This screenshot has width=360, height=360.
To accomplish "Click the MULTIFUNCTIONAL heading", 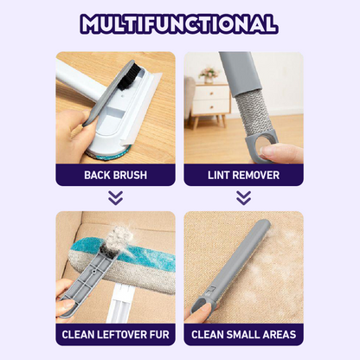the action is (x=179, y=23).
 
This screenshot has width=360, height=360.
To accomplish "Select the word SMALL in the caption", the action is (x=242, y=335).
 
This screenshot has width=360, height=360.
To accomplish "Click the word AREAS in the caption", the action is (x=279, y=335).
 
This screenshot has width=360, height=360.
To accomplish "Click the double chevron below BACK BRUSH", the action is (x=115, y=198).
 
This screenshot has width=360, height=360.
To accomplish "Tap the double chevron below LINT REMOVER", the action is (x=243, y=198).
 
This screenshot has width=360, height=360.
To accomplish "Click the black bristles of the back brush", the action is (x=132, y=77).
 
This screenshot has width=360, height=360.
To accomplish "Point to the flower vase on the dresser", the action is (x=209, y=75).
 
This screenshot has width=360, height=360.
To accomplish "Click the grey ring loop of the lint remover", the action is (x=261, y=144).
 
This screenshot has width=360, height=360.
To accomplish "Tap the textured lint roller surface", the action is (x=251, y=112).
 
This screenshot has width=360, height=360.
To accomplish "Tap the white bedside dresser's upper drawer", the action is (x=211, y=93).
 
